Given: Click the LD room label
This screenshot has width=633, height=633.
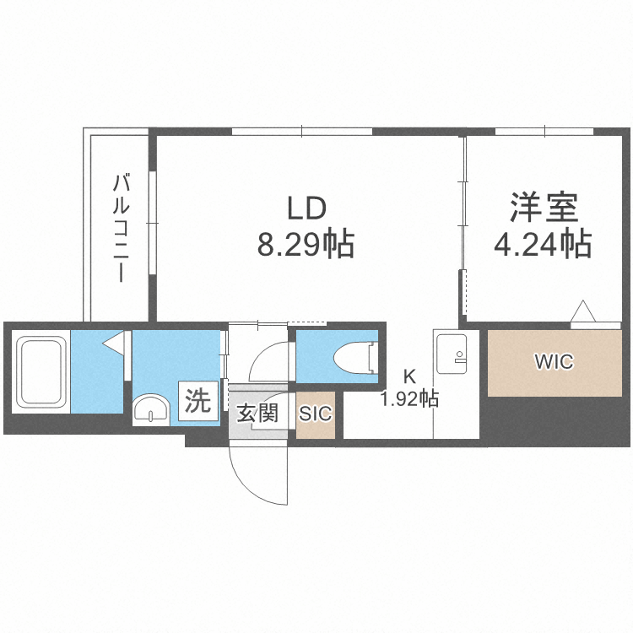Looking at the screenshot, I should [306, 208].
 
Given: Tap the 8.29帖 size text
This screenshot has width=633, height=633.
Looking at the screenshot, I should [306, 246].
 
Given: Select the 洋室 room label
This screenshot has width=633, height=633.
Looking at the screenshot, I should [542, 208].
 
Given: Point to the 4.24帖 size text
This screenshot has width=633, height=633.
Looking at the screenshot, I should [542, 245].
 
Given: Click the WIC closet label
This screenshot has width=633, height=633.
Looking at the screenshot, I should [554, 363].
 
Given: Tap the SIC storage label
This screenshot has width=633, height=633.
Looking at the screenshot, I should [316, 414].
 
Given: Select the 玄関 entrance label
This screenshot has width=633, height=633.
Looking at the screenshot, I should [257, 414].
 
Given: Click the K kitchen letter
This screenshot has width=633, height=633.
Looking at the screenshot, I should [408, 377].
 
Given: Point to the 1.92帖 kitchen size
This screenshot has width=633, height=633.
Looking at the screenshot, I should [409, 398].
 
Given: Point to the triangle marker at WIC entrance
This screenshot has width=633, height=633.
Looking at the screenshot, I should [583, 312].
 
